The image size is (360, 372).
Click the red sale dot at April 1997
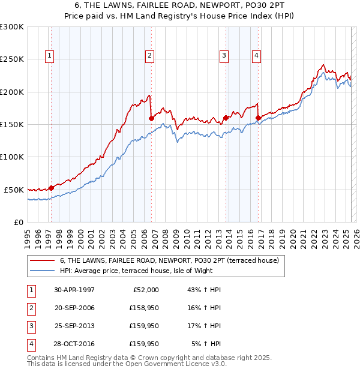[51, 188]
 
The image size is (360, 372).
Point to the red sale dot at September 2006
[151, 119]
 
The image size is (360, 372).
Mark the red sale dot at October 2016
[259, 118]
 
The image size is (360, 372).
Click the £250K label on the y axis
[12, 59]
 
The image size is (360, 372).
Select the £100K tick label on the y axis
[12, 157]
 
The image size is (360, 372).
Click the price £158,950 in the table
[143, 308]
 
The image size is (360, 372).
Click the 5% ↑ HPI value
[208, 344]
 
